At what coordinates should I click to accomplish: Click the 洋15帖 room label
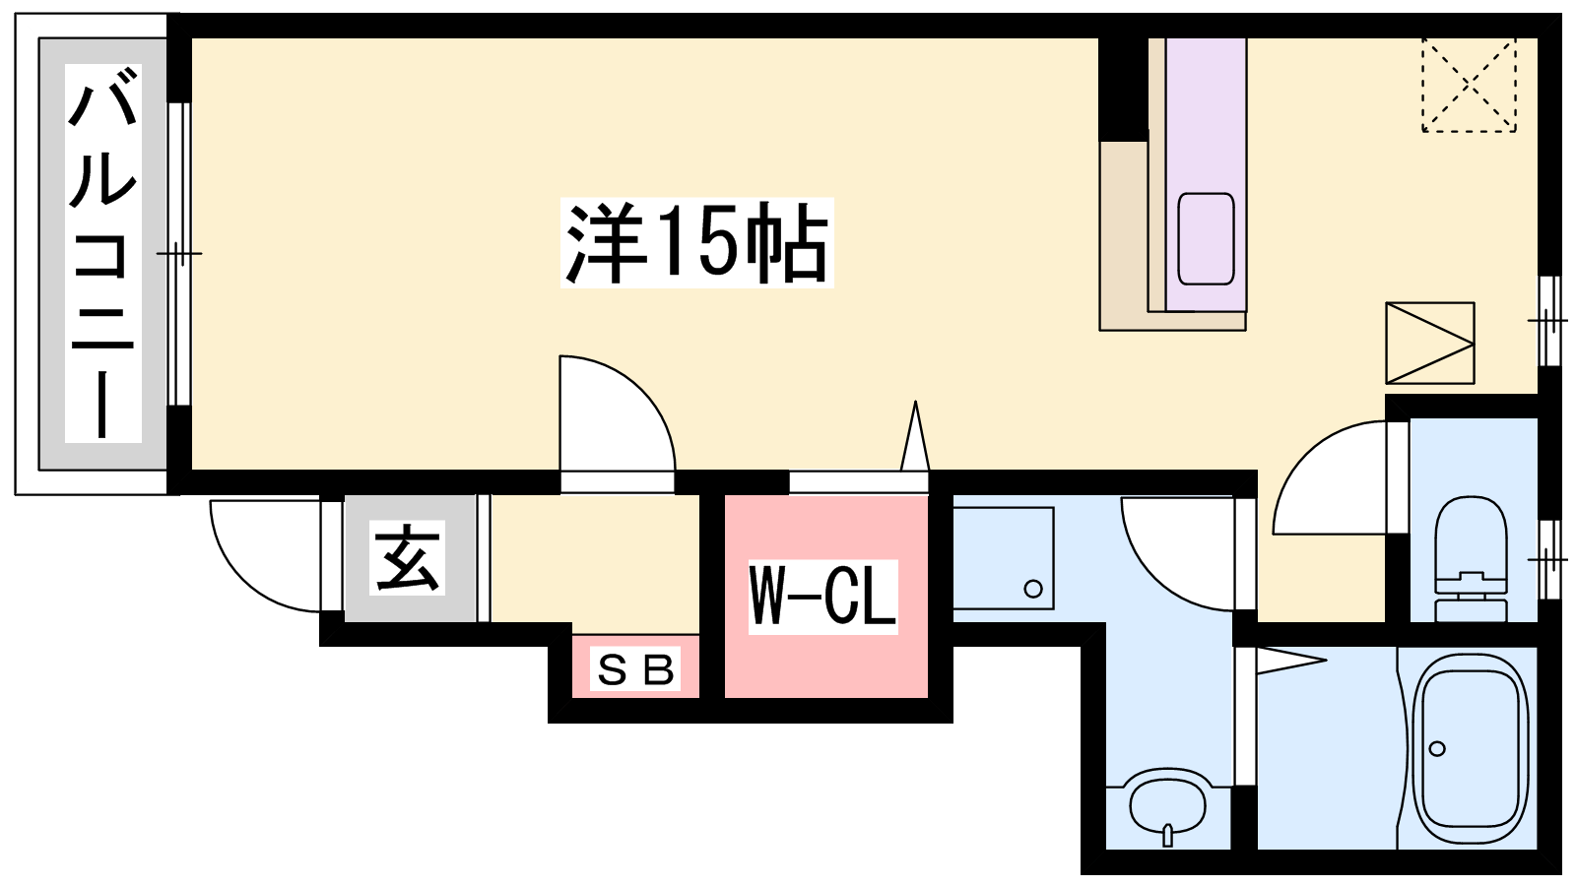[696, 242]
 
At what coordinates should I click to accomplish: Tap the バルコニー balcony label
[103, 253]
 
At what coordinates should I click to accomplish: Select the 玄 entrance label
[408, 558]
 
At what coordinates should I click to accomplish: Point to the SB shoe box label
[635, 668]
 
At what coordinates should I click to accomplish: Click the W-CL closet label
[822, 597]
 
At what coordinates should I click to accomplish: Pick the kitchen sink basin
[1206, 239]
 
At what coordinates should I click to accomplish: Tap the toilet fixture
[1471, 558]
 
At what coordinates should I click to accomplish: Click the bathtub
[1471, 748]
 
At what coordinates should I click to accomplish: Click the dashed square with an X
[1469, 85]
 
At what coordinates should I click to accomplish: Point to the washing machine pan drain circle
[1033, 588]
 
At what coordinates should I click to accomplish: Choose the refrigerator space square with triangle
[1429, 344]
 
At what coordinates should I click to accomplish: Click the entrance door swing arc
[265, 555]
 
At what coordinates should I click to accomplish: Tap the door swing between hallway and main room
[617, 413]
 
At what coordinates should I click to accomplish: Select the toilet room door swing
[1330, 477]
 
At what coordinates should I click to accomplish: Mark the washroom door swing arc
[1178, 554]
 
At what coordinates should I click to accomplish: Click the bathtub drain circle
[1437, 749]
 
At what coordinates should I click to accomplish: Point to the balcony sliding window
[180, 254]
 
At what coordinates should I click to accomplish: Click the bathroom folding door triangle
[1291, 661]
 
